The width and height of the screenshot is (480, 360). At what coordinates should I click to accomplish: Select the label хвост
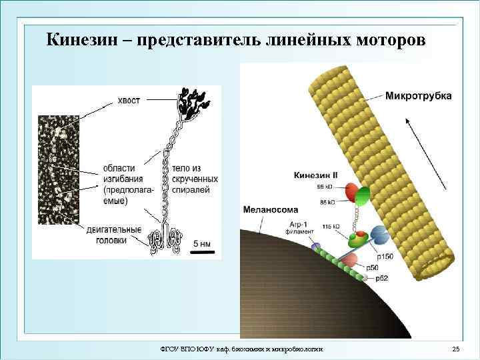pos(129,100)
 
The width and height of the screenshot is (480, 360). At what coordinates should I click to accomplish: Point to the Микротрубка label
pos(418,95)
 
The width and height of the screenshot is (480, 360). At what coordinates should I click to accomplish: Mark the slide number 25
pos(456,349)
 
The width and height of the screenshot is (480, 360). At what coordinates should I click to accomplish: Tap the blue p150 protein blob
pos(378,235)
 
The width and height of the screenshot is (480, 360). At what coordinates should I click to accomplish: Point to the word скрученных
pos(195,179)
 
